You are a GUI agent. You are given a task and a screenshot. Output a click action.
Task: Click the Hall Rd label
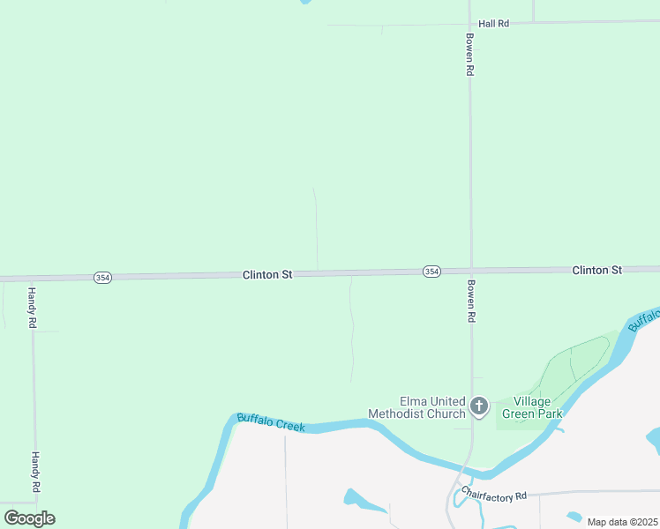pyautogui.click(x=493, y=24)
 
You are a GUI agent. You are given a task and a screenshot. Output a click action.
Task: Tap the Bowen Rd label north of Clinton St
pyautogui.click(x=470, y=55)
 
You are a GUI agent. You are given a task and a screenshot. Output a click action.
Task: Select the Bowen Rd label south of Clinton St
pyautogui.click(x=471, y=302)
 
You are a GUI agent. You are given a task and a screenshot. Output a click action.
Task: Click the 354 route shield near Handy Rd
pyautogui.click(x=102, y=277)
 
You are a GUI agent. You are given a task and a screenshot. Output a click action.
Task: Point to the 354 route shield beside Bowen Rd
pyautogui.click(x=431, y=272)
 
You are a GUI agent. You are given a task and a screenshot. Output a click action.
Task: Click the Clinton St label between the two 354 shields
pyautogui.click(x=267, y=275)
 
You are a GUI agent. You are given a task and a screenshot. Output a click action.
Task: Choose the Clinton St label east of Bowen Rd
pyautogui.click(x=596, y=270)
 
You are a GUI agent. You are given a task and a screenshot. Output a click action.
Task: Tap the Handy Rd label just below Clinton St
pyautogui.click(x=32, y=308)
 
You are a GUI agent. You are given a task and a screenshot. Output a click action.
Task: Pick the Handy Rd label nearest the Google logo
pyautogui.click(x=36, y=473)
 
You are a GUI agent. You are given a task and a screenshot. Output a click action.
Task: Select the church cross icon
pyautogui.click(x=479, y=406)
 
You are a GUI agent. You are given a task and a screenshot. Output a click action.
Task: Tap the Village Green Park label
pyautogui.click(x=532, y=407)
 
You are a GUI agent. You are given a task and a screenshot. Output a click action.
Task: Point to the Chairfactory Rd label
pyautogui.click(x=494, y=496)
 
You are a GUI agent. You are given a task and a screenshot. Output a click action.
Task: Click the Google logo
pyautogui.click(x=29, y=518)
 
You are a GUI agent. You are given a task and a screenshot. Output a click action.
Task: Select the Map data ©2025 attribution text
pyautogui.click(x=621, y=522)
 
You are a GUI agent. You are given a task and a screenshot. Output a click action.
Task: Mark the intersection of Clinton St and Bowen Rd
pyautogui.click(x=470, y=270)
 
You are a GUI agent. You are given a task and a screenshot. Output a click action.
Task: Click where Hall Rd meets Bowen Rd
pyautogui.click(x=469, y=23)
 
